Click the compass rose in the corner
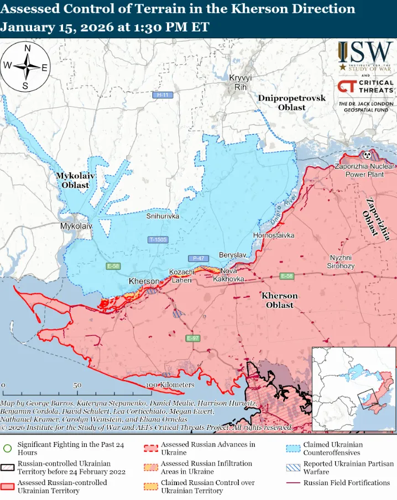(25, 67)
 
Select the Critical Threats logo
(365, 87)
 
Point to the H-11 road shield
(162, 95)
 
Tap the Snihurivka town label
(163, 217)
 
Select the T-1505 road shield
(158, 240)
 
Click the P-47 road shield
(197, 259)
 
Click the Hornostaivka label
(273, 235)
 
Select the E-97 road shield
(193, 338)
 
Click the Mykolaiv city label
(76, 227)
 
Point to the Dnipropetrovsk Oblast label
(291, 103)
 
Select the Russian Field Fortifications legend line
(294, 483)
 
